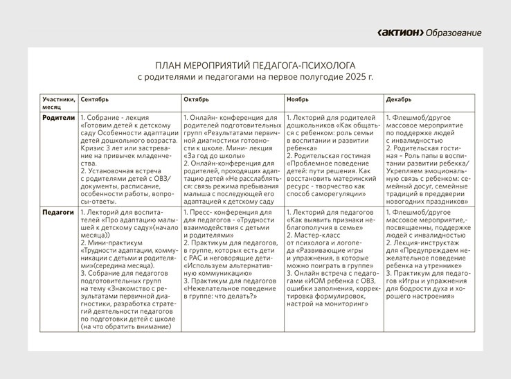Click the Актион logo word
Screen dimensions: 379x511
tap(400, 33)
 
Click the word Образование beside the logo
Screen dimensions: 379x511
tap(454, 33)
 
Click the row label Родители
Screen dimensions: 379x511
tap(58, 118)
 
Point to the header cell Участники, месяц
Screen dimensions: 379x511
tap(57, 104)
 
